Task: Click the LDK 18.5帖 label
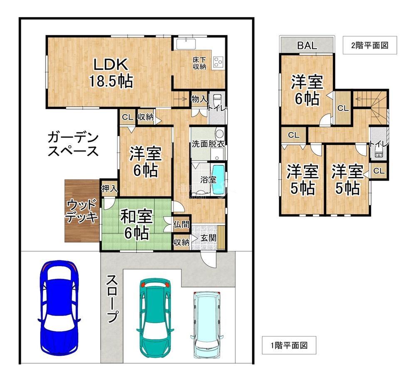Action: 111,73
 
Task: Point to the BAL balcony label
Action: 307,46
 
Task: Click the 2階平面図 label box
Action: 370,45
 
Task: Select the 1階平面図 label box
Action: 289,345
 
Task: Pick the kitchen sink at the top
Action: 186,44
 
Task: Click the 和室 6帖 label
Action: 136,225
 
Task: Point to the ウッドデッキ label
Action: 82,211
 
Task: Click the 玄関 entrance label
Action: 208,238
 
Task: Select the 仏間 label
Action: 181,225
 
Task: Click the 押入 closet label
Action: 109,189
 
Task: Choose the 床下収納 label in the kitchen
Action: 199,63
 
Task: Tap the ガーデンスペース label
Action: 73,144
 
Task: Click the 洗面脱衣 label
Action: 208,144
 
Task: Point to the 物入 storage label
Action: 199,99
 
